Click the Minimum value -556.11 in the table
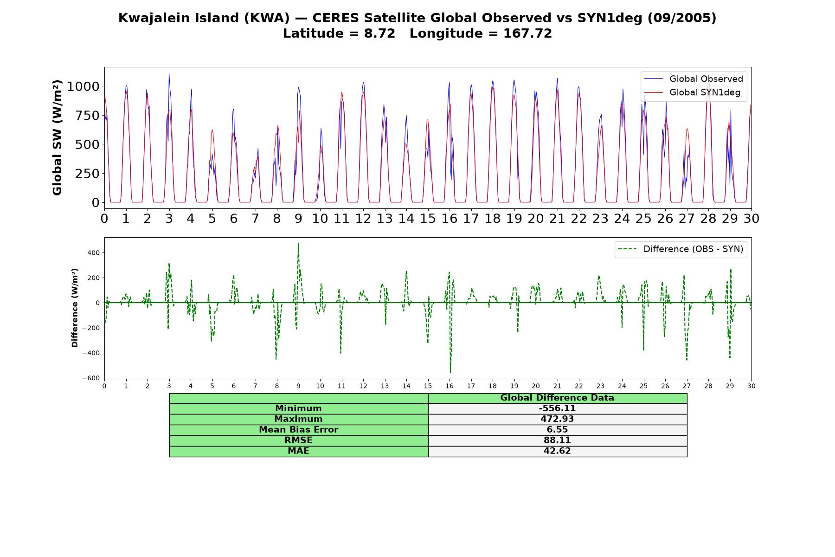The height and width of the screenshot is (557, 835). click(557, 408)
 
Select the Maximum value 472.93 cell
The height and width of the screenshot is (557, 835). click(557, 419)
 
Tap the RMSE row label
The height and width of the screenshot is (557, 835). click(298, 440)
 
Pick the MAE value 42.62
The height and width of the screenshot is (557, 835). click(557, 451)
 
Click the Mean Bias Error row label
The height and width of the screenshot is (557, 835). click(298, 430)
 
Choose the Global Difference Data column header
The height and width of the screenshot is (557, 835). click(557, 398)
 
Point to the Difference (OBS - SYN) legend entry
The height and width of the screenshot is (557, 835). click(681, 249)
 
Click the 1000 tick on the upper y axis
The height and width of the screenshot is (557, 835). click(83, 86)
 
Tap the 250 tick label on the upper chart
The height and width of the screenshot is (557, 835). click(87, 173)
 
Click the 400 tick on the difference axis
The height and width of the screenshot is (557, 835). click(94, 253)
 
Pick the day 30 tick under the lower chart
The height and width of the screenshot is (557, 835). click(751, 386)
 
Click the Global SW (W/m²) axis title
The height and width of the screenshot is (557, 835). click(57, 138)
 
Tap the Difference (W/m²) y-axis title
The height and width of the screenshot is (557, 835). click(75, 308)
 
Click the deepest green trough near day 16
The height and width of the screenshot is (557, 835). click(450, 372)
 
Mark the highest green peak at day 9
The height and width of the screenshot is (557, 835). click(298, 243)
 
